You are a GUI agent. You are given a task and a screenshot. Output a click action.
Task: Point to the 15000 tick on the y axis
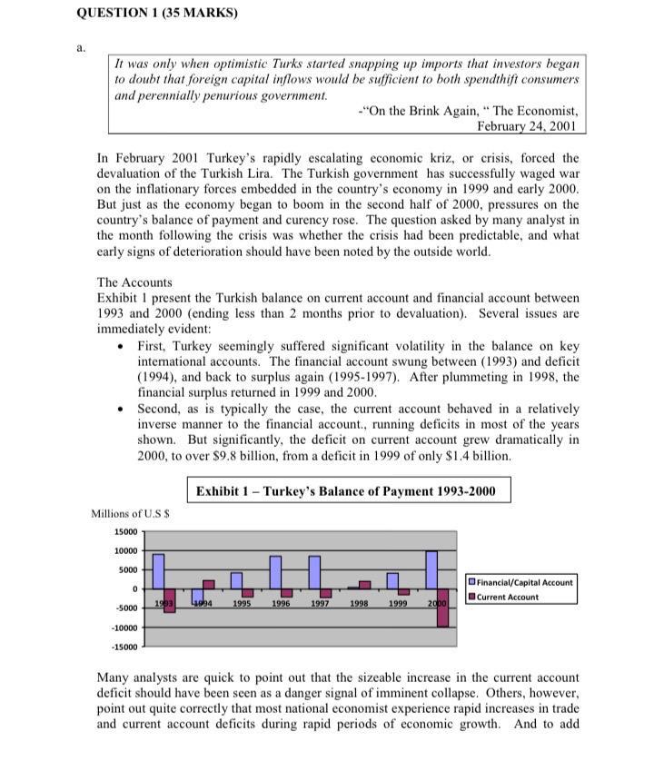pyautogui.click(x=125, y=531)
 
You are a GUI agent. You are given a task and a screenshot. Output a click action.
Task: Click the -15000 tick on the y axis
pyautogui.click(x=124, y=647)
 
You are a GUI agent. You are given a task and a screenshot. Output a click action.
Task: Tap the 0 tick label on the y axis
pyautogui.click(x=134, y=589)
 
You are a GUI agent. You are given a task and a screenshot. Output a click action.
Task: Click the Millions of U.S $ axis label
pyautogui.click(x=130, y=514)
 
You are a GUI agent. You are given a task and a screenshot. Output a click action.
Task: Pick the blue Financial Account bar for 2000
pyautogui.click(x=431, y=570)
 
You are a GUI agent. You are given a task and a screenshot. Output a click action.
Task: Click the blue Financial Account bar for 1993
pyautogui.click(x=158, y=571)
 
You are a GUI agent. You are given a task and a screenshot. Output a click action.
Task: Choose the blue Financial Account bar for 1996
pyautogui.click(x=275, y=572)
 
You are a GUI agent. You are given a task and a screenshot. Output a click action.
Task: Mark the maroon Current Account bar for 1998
pyautogui.click(x=365, y=585)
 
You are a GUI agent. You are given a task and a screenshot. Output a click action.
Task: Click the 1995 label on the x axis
pyautogui.click(x=243, y=603)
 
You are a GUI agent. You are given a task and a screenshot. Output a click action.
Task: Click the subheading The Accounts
pyautogui.click(x=134, y=282)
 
